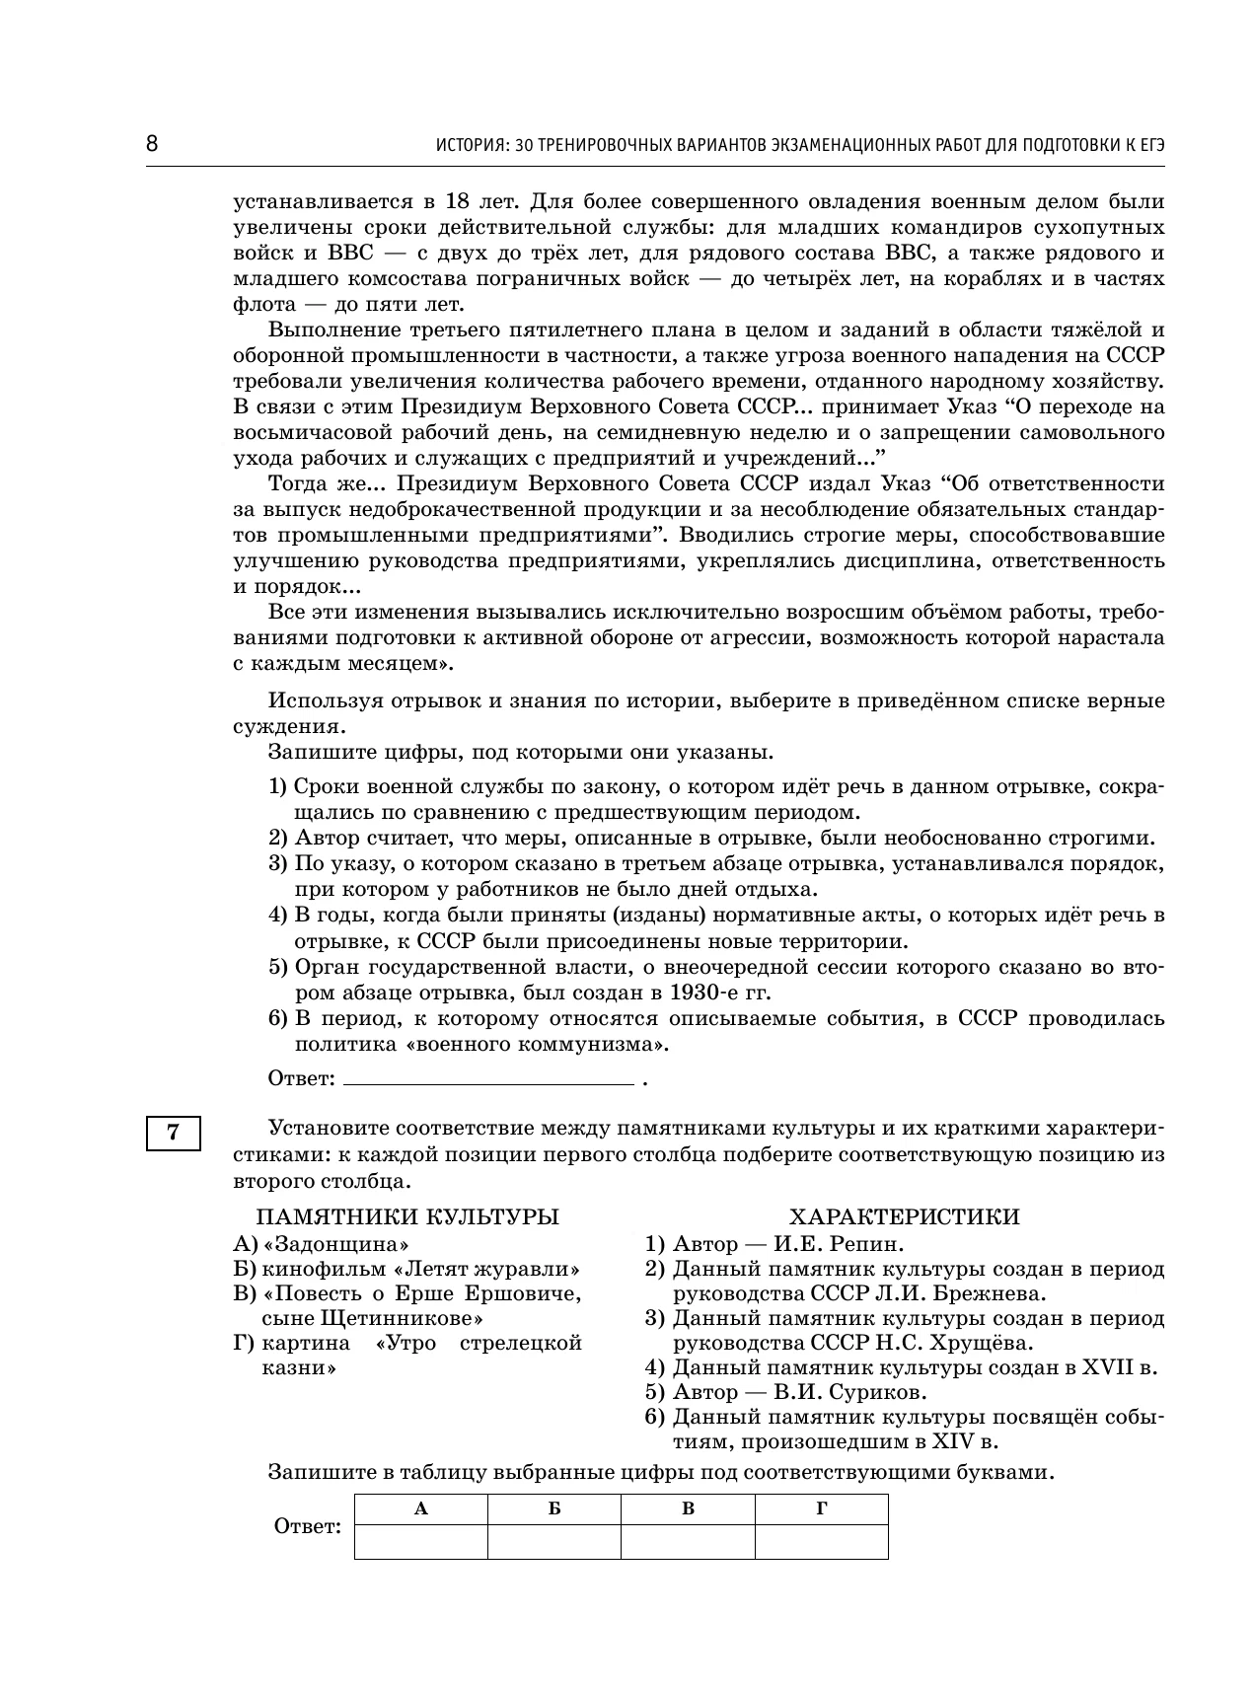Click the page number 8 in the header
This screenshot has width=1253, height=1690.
152,144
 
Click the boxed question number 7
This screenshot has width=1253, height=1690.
174,1133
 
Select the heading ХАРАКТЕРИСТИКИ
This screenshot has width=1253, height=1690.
905,1216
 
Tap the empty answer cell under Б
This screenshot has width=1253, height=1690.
554,1541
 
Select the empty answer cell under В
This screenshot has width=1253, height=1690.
688,1541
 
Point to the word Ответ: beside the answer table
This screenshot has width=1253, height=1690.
307,1527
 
